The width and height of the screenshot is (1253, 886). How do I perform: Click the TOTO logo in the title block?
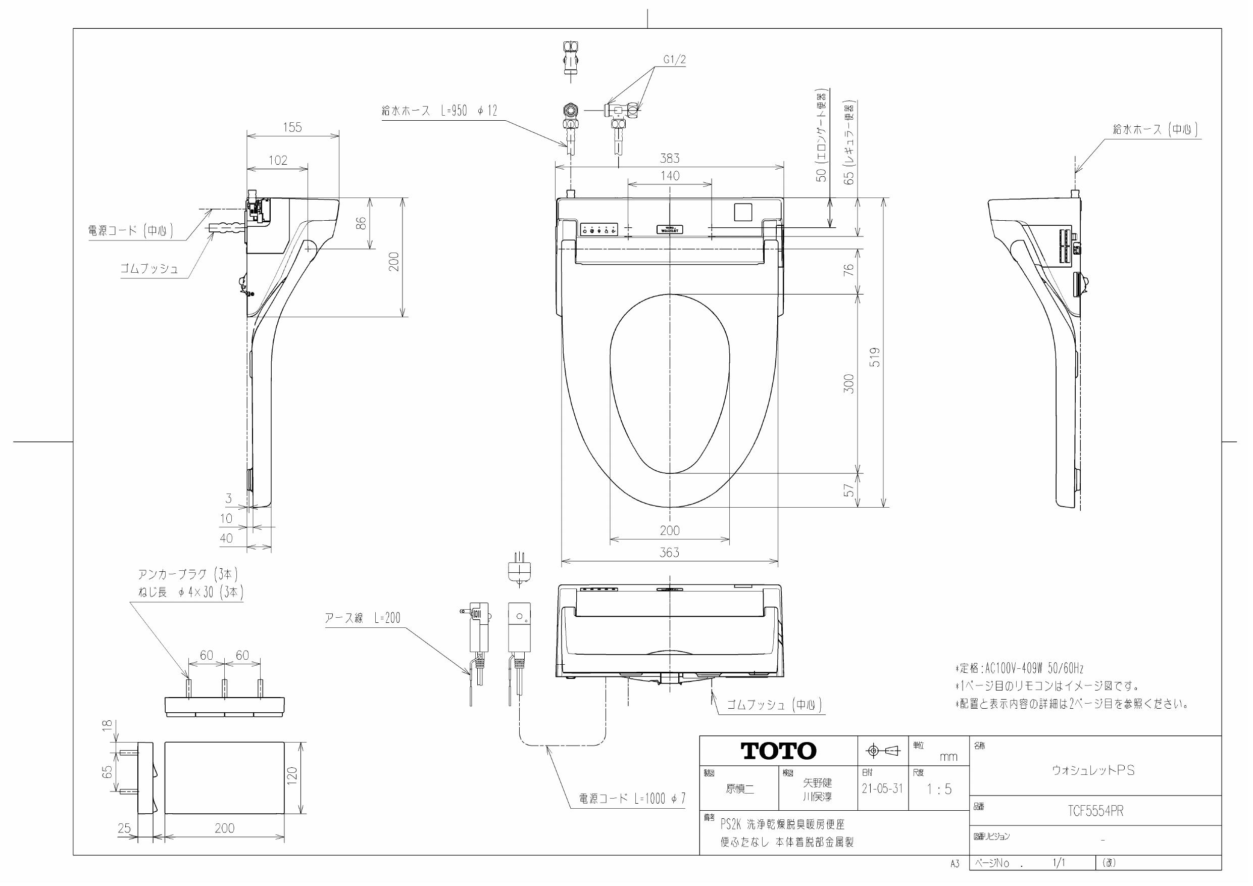pyautogui.click(x=778, y=751)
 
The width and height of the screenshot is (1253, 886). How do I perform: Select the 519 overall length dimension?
pyautogui.click(x=875, y=357)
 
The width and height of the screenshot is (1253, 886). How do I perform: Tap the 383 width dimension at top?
pyautogui.click(x=670, y=158)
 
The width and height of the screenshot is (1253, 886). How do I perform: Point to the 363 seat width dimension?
pyautogui.click(x=669, y=553)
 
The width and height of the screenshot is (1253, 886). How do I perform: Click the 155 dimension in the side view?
pyautogui.click(x=292, y=127)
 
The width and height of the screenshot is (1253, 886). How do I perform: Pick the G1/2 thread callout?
pyautogui.click(x=675, y=60)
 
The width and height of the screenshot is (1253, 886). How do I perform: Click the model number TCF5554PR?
pyautogui.click(x=1095, y=811)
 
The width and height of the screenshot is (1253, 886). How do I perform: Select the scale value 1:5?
pyautogui.click(x=939, y=789)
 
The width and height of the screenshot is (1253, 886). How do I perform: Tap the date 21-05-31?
pyautogui.click(x=882, y=789)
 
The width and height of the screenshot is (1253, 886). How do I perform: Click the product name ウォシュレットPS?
pyautogui.click(x=1093, y=770)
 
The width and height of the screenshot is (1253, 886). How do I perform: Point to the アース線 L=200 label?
pyautogui.click(x=363, y=618)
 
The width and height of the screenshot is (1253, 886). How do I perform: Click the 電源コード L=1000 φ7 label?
pyautogui.click(x=632, y=799)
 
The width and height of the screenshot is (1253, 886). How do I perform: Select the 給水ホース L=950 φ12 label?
pyautogui.click(x=439, y=111)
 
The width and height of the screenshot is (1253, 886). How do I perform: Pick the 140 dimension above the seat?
pyautogui.click(x=670, y=176)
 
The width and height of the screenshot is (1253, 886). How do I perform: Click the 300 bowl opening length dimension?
pyautogui.click(x=848, y=383)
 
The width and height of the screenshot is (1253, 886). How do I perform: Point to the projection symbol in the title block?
pyautogui.click(x=882, y=752)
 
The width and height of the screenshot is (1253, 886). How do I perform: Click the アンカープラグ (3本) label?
pyautogui.click(x=188, y=574)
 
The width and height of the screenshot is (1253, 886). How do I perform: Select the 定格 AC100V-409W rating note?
pyautogui.click(x=1019, y=668)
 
